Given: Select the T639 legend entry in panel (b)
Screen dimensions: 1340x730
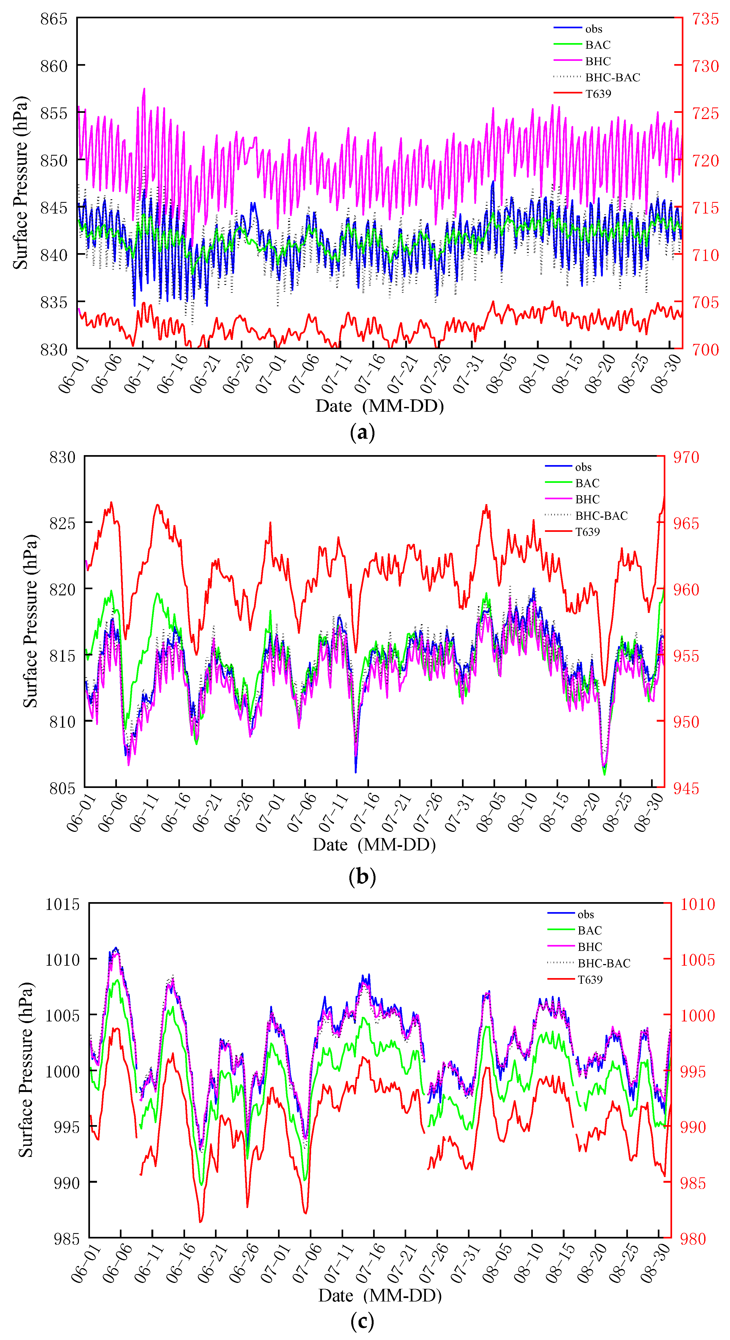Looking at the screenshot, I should (587, 532).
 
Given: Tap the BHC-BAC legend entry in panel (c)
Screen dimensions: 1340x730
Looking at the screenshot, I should (604, 963).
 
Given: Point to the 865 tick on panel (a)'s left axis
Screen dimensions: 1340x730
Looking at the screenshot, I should (54, 19).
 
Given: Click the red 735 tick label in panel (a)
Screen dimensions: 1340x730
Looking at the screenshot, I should (705, 19).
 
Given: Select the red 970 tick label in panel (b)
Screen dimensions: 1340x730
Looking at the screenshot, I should (686, 457).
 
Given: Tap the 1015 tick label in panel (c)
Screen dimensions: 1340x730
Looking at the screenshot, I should (62, 904).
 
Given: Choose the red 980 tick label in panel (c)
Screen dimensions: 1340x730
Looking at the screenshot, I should (693, 1238).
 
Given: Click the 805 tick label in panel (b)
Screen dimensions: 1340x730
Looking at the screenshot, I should (62, 788).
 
